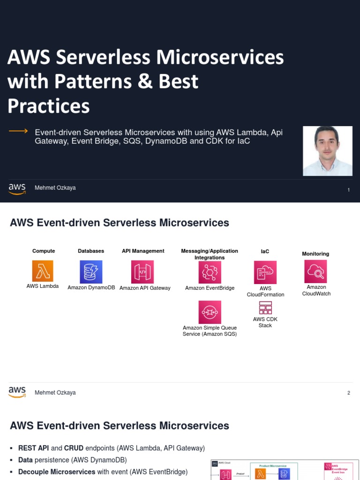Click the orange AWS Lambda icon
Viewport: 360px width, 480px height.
coord(43,271)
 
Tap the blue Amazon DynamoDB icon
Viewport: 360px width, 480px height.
coord(91,272)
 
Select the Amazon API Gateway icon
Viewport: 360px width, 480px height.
coord(142,272)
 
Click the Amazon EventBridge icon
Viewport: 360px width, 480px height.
coord(210,272)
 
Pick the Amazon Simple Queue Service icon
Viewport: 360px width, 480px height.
coord(210,312)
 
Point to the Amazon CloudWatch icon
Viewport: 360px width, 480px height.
coord(315,271)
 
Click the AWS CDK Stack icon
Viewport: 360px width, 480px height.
coord(265,307)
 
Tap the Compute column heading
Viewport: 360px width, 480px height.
coord(44,251)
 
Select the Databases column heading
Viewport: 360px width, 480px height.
coord(91,251)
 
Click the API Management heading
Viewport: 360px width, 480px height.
coord(143,251)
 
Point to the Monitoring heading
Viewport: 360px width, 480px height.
coord(315,254)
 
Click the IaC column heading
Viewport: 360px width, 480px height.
coord(265,251)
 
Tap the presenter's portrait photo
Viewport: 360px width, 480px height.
coord(328,150)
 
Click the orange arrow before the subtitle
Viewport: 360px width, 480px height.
coord(19,131)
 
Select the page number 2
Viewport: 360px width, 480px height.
coord(349,393)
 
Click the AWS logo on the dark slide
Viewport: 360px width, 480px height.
coord(17,188)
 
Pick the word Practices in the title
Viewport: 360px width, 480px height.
coord(49,106)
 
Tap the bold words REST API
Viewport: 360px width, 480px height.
coord(34,448)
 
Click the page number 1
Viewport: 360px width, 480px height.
coord(349,190)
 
